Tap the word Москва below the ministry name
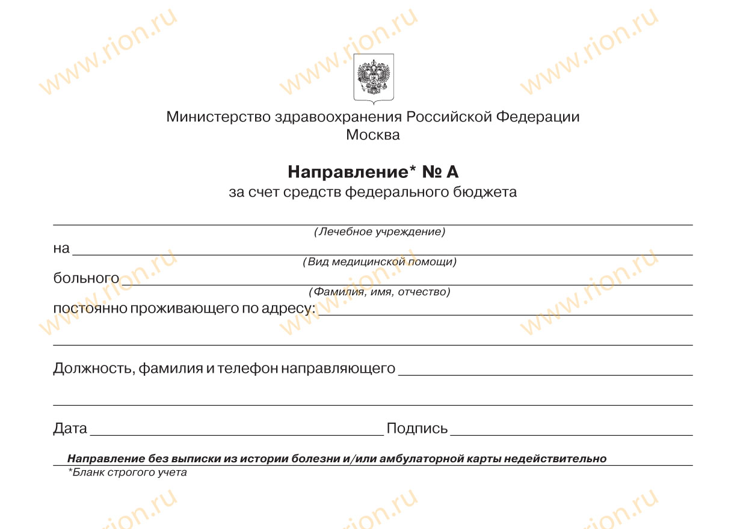(x=373, y=135)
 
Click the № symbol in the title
(x=433, y=173)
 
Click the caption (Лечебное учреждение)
(x=379, y=232)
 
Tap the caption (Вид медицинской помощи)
(x=379, y=262)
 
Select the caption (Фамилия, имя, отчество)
(x=379, y=292)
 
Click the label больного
(x=86, y=278)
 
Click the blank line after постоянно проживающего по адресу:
(x=505, y=313)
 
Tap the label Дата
(x=70, y=429)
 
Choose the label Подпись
(x=417, y=429)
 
